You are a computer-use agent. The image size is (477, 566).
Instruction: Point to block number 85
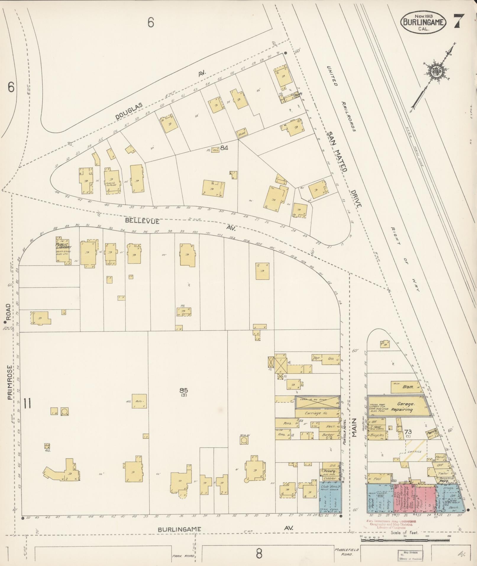(x=185, y=390)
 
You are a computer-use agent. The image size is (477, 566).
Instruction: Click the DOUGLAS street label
(x=129, y=111)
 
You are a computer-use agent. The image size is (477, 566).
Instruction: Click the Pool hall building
(x=378, y=479)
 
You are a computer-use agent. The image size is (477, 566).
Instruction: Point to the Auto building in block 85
(x=139, y=401)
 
